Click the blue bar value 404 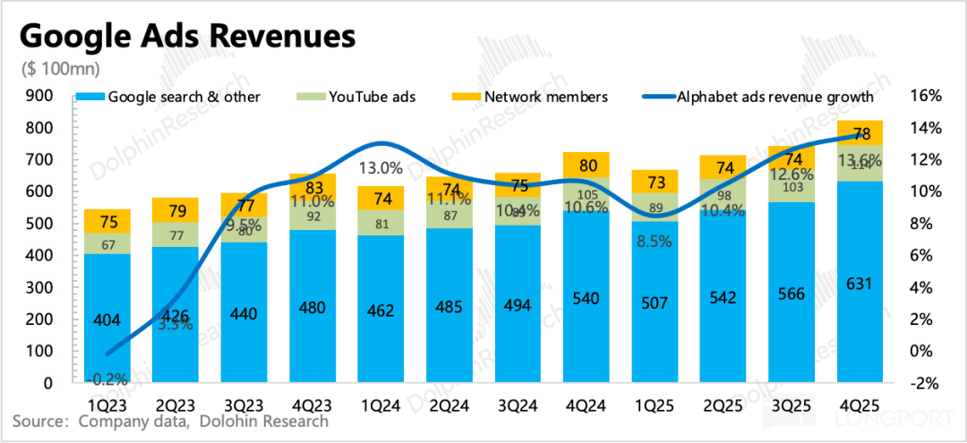tap(106, 319)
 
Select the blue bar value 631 tap(860, 284)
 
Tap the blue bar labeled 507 tap(655, 302)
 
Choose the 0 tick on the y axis tap(48, 383)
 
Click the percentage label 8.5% tap(654, 241)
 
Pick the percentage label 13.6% tap(860, 161)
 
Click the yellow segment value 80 tap(587, 166)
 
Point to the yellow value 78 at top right tap(861, 134)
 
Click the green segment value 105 tap(587, 194)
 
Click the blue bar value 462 tap(381, 311)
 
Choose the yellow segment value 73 tap(656, 183)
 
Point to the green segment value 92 tap(312, 216)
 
